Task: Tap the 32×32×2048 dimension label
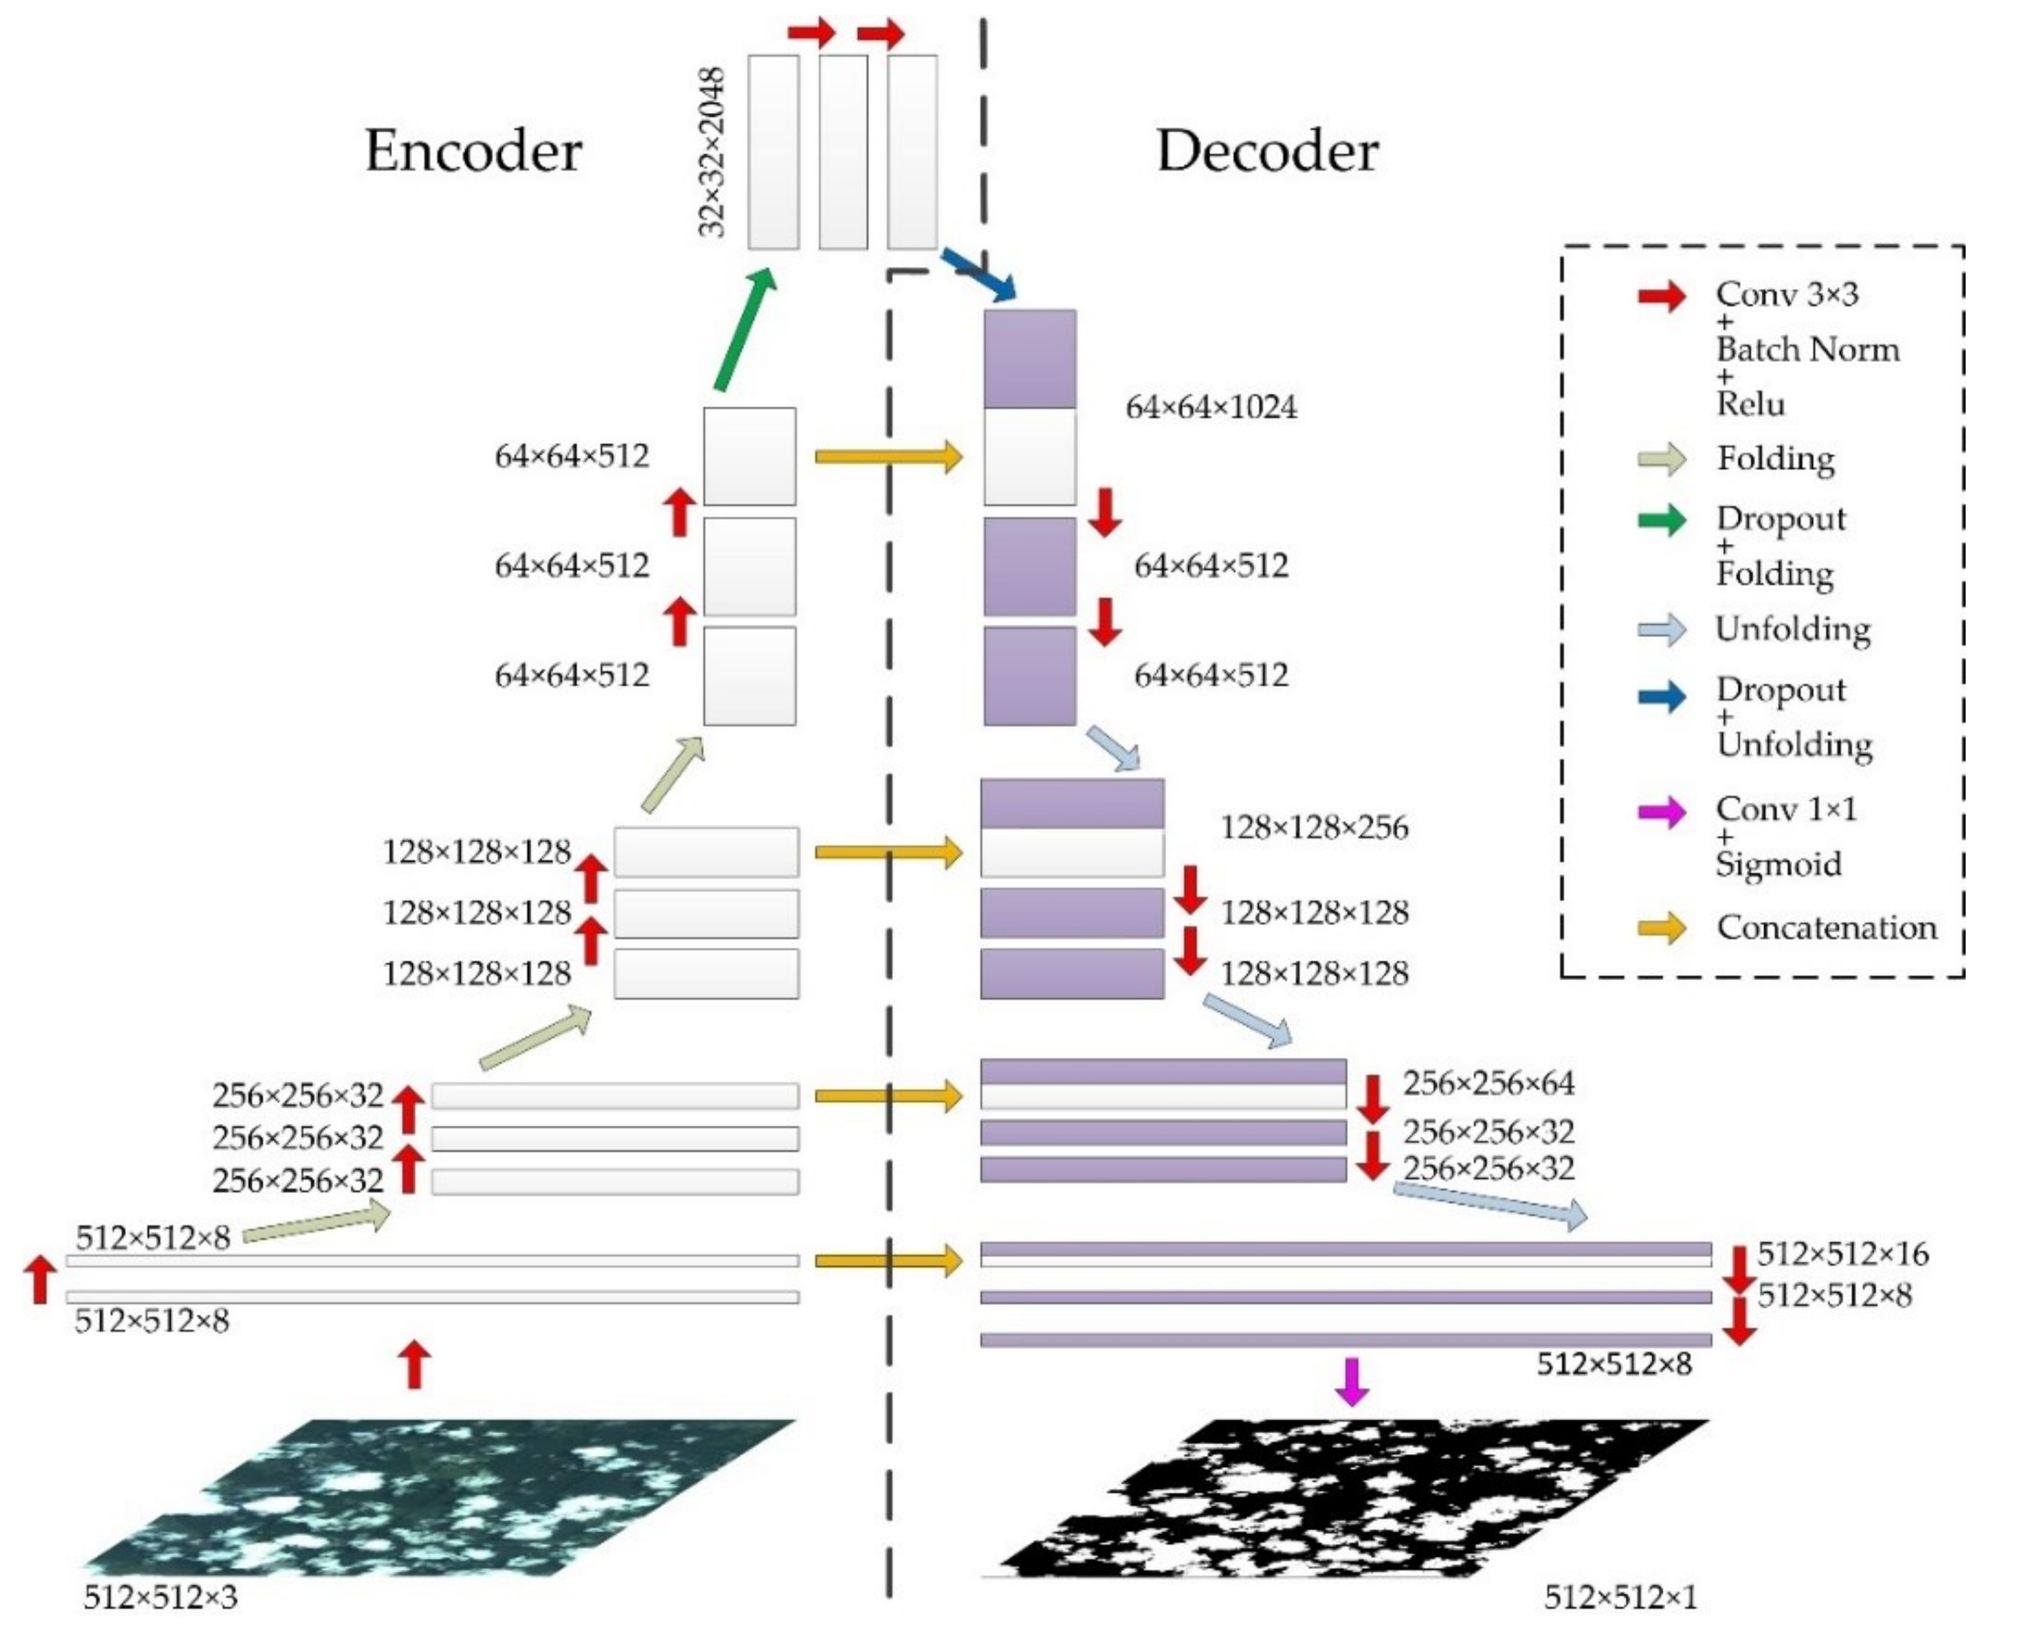pyautogui.click(x=711, y=151)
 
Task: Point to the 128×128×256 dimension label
pyautogui.click(x=1315, y=828)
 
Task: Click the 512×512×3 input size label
pyautogui.click(x=161, y=1597)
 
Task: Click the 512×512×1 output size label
pyautogui.click(x=1621, y=1597)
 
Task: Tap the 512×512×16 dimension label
pyautogui.click(x=1842, y=1254)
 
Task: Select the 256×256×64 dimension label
pyautogui.click(x=1488, y=1083)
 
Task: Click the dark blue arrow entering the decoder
pyautogui.click(x=978, y=275)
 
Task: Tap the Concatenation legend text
pyautogui.click(x=1826, y=928)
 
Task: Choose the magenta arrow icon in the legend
pyautogui.click(x=1662, y=812)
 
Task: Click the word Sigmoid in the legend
pyautogui.click(x=1779, y=864)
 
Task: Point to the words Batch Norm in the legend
pyautogui.click(x=1807, y=350)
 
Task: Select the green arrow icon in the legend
pyautogui.click(x=1662, y=520)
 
